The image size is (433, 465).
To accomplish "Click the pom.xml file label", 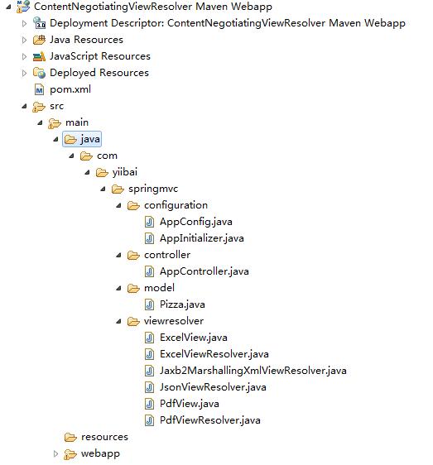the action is tap(70, 89).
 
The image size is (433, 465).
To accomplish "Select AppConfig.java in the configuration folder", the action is tap(196, 222).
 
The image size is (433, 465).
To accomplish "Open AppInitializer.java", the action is tap(202, 238).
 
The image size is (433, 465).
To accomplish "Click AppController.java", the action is tap(204, 271).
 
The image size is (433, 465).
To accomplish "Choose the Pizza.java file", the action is tap(182, 304).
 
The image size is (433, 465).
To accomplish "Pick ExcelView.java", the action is tap(194, 338).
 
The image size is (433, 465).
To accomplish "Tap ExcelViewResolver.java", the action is tap(214, 354).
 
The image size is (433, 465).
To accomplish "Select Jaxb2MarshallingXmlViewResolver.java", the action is tap(253, 371).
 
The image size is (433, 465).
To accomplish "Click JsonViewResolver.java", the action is tap(213, 387).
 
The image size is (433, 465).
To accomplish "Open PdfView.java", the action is tap(190, 404).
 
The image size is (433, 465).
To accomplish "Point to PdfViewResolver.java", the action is tap(210, 420).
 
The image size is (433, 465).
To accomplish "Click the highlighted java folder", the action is tap(82, 139).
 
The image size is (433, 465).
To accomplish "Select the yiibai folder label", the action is tap(125, 172).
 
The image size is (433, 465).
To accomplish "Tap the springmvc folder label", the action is tap(153, 189).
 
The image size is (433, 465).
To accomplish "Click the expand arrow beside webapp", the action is tap(55, 453).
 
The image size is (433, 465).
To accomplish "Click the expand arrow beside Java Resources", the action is tap(24, 40).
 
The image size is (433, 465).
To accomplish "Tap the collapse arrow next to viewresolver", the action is tap(118, 321).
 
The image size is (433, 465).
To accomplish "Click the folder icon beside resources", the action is tap(70, 437).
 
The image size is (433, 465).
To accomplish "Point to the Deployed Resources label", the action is tap(99, 73).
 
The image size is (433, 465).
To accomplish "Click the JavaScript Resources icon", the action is tap(39, 56).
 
